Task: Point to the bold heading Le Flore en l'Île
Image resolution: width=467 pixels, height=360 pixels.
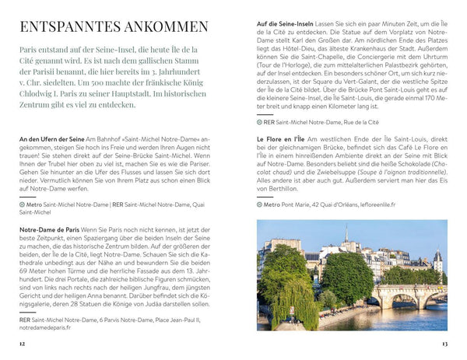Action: click(281, 139)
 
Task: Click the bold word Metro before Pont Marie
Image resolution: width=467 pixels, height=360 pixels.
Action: click(275, 205)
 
